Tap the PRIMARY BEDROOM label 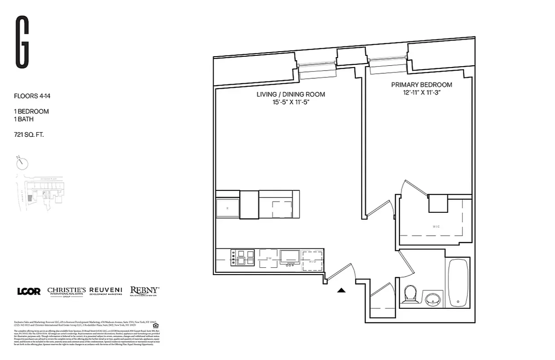[421, 85]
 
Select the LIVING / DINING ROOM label [291, 94]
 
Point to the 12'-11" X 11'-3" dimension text [421, 93]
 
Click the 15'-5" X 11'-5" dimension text [291, 103]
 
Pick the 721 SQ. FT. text [29, 134]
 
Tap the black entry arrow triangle [341, 290]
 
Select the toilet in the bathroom [410, 295]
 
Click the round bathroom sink [433, 299]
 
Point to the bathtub [458, 282]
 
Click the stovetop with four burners [242, 258]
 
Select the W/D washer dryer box [312, 261]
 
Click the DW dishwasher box [269, 258]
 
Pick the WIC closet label [436, 226]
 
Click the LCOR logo [29, 291]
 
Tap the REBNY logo [144, 291]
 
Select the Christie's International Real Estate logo [67, 291]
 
